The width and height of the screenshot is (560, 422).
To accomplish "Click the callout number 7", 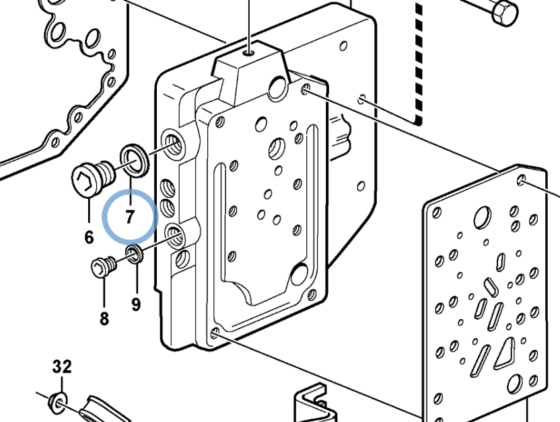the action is [x=130, y=216].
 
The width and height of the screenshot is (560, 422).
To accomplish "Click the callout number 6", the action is [x=89, y=237].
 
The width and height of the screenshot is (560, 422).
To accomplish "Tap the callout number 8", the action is [x=104, y=319].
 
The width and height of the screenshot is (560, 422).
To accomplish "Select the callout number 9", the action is [x=136, y=304].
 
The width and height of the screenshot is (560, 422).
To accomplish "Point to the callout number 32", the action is [x=62, y=366].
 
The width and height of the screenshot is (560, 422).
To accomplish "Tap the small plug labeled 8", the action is [x=104, y=267].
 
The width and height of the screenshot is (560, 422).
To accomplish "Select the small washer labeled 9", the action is [x=135, y=254].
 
